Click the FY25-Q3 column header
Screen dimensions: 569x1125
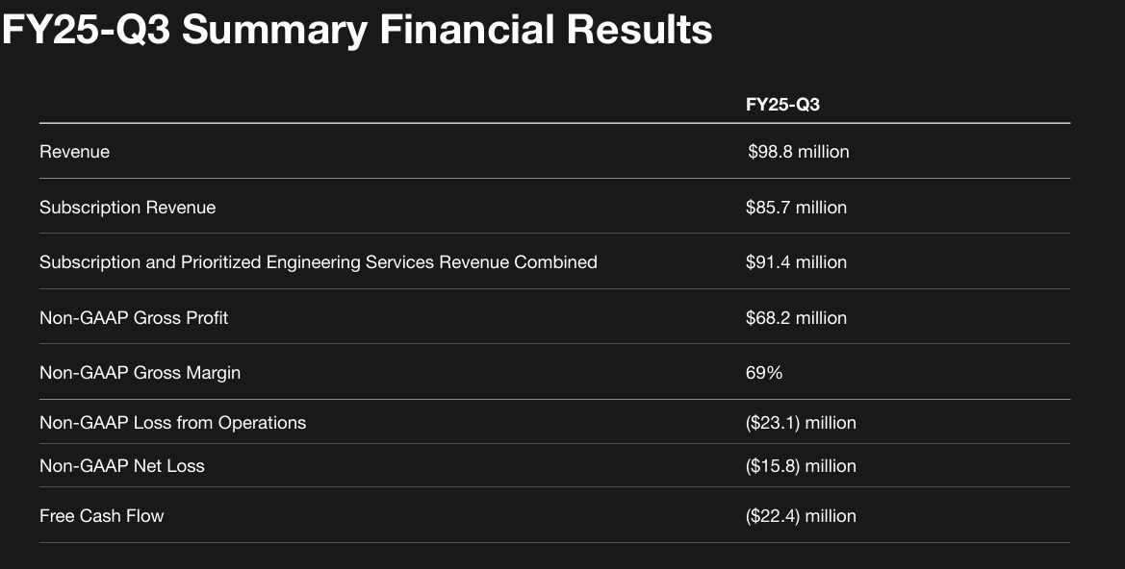point(782,105)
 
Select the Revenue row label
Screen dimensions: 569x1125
point(74,152)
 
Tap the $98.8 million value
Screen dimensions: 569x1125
point(798,152)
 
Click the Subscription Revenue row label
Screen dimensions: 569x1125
point(127,208)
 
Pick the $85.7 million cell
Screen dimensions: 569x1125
point(796,208)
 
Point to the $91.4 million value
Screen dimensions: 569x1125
point(796,262)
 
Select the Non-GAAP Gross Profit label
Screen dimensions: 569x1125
point(134,318)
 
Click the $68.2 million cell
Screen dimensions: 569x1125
point(796,318)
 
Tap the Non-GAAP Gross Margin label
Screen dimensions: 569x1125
point(140,373)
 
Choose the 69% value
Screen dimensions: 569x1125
point(764,373)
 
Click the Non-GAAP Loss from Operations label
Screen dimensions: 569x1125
point(172,423)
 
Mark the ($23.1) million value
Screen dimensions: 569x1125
point(801,423)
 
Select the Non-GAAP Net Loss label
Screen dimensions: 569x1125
point(121,466)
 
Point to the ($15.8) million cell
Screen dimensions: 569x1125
point(801,466)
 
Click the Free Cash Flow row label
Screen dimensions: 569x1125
point(101,516)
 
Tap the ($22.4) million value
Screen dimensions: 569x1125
point(801,516)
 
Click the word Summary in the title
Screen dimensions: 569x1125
point(274,31)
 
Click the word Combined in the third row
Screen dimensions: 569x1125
point(555,262)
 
